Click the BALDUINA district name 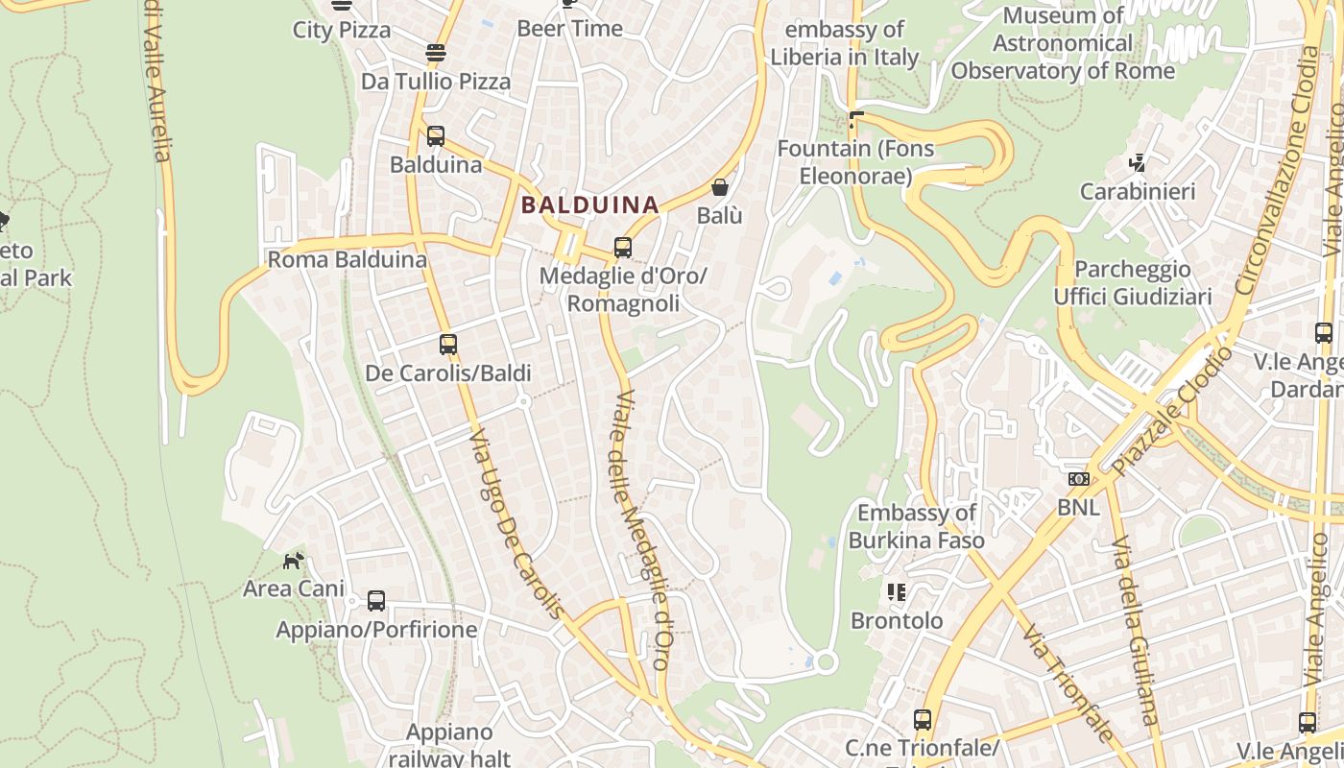589,204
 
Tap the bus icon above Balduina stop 436,136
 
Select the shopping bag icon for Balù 720,187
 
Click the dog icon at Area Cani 294,560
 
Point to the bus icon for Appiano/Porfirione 376,601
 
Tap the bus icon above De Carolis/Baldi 448,344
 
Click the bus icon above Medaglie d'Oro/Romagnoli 623,248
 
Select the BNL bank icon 1078,478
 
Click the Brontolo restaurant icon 897,592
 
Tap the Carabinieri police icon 1138,163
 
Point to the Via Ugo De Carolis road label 516,523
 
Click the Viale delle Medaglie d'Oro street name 640,530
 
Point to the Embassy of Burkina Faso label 916,526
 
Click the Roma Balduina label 347,259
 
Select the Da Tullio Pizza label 436,82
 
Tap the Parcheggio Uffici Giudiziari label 1133,282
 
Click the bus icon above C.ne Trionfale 923,719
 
